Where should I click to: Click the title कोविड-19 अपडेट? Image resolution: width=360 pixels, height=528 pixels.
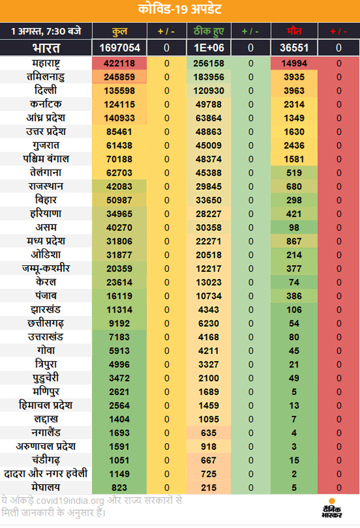tap(180, 9)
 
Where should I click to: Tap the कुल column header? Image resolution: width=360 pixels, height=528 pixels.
tap(119, 32)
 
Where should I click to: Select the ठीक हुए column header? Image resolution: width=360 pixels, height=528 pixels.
tap(209, 32)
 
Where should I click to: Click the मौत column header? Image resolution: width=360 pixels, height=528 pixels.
tap(294, 31)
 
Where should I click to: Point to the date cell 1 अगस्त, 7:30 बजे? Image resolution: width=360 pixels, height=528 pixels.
tap(46, 32)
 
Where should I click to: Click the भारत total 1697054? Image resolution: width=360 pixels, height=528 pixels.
tap(119, 48)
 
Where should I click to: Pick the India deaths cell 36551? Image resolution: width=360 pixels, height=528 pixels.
tap(294, 48)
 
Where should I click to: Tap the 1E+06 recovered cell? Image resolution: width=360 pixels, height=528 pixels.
tap(209, 48)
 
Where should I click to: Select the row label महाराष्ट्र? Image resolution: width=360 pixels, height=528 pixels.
tap(46, 63)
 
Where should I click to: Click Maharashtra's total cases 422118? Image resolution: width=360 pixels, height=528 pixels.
tap(119, 63)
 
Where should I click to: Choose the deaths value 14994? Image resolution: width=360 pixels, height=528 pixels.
tap(294, 63)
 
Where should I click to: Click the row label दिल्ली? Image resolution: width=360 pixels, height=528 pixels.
tap(46, 90)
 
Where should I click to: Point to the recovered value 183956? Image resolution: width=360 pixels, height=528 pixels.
tap(209, 77)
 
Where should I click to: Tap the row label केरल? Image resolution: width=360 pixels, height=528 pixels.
tap(46, 282)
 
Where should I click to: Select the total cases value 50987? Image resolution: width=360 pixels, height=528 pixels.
tap(119, 200)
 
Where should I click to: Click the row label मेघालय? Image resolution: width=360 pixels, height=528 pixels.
tap(46, 487)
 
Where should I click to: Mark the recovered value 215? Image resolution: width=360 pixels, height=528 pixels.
tap(209, 488)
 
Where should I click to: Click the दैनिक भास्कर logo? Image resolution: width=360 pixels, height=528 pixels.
tap(332, 508)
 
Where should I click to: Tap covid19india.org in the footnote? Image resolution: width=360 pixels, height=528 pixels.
tap(70, 501)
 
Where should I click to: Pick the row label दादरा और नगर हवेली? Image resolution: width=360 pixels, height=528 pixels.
tap(46, 473)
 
